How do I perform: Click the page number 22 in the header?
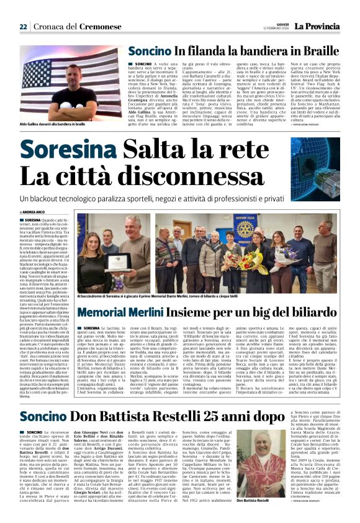pos(23,27)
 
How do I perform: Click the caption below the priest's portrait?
pos(255,499)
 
